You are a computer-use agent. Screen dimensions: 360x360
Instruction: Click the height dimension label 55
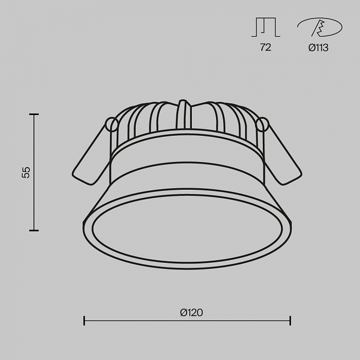click(x=26, y=172)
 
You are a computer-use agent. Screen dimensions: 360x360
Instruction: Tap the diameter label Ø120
click(x=191, y=313)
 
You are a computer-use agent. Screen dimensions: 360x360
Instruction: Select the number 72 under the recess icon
click(x=266, y=47)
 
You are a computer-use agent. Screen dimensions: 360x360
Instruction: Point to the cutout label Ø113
click(x=318, y=48)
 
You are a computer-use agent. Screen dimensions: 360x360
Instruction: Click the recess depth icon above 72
click(x=266, y=27)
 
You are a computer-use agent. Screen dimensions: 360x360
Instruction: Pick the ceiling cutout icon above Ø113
click(x=319, y=27)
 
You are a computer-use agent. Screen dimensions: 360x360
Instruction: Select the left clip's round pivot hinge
click(x=112, y=124)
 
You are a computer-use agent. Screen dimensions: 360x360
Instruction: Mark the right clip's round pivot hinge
click(x=262, y=124)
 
